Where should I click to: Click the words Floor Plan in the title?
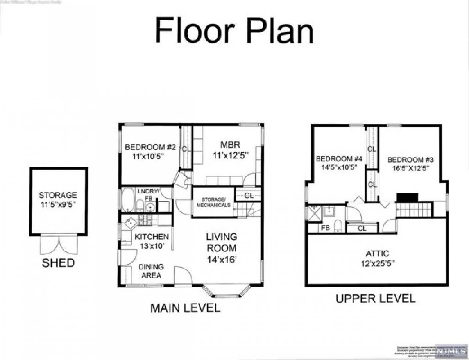(x=234, y=31)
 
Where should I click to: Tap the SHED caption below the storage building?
(x=58, y=263)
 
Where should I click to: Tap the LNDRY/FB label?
(x=148, y=194)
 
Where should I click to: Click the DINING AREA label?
(x=151, y=271)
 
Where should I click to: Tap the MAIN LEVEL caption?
(x=185, y=308)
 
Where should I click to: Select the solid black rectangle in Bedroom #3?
(x=407, y=197)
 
